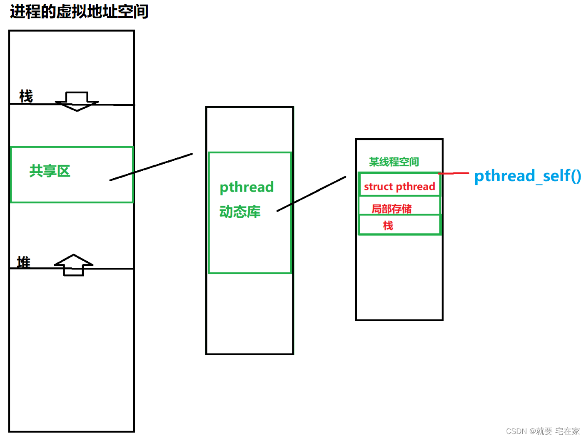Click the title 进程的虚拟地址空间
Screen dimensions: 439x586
(x=79, y=12)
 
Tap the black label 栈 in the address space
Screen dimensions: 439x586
(x=26, y=96)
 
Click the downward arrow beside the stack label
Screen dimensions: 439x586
(x=77, y=102)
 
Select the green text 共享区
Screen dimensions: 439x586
(x=50, y=171)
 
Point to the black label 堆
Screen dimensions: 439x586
(x=24, y=262)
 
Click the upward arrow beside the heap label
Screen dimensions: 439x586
(x=73, y=264)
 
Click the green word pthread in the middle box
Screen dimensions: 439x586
(x=247, y=187)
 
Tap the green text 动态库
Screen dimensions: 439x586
(x=240, y=212)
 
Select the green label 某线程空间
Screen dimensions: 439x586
(x=394, y=162)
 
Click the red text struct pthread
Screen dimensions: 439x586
(x=399, y=187)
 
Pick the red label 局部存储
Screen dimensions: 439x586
(x=391, y=209)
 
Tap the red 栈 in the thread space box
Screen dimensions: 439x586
(x=388, y=226)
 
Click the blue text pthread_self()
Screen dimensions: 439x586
(x=528, y=176)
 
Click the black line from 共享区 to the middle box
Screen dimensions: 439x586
(x=151, y=167)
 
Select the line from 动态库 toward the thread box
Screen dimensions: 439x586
(x=312, y=194)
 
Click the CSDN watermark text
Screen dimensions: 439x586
(x=543, y=431)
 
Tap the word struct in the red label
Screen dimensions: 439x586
(x=378, y=187)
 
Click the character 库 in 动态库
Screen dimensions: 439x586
(x=254, y=212)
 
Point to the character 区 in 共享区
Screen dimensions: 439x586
(x=63, y=171)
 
